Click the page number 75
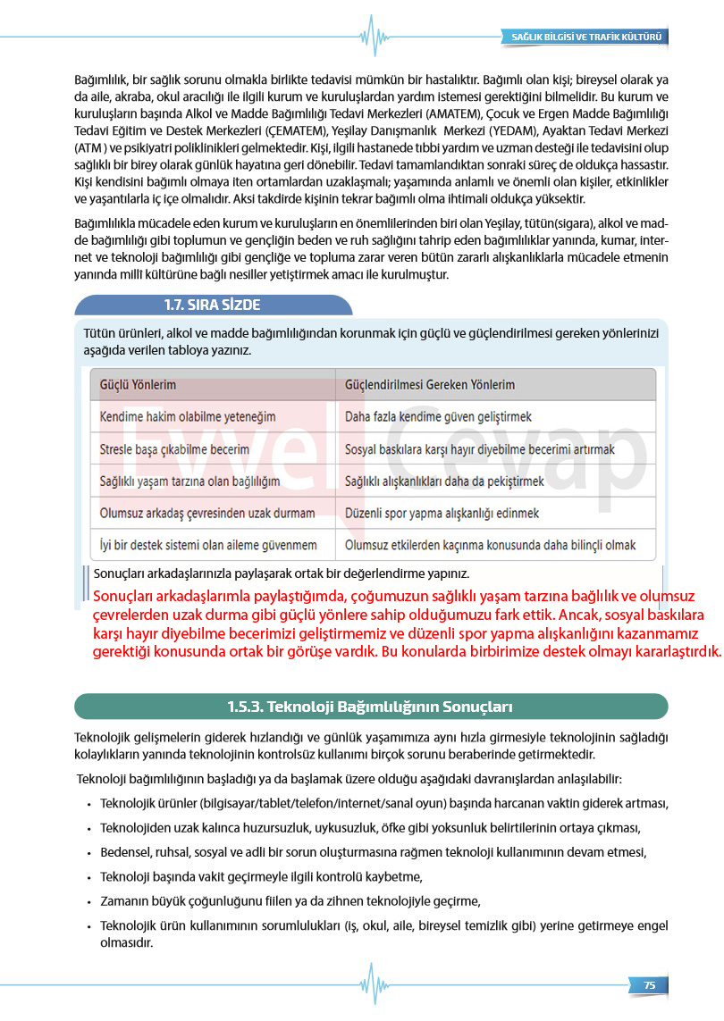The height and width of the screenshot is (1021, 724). pos(649,984)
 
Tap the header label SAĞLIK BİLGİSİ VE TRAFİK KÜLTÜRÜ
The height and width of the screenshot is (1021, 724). pos(585,38)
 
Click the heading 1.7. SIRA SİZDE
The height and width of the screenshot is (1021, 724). pos(212,305)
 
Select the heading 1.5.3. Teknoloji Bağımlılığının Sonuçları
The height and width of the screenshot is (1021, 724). pos(370,707)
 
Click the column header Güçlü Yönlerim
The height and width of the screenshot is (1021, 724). pos(138,385)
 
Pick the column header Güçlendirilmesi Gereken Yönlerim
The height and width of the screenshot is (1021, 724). pos(430,385)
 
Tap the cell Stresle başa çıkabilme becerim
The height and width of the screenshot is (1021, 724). pos(174,449)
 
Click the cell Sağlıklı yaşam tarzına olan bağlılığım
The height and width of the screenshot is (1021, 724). pos(189,481)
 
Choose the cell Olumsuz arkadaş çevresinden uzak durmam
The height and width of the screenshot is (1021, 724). pos(207,514)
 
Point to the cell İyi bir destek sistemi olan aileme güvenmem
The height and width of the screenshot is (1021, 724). pos(208,545)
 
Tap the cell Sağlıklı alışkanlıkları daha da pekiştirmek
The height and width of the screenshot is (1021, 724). pos(444,481)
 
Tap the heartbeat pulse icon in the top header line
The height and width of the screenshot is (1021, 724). pos(371,36)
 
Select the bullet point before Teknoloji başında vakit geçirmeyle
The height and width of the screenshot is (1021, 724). pos(89,876)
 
